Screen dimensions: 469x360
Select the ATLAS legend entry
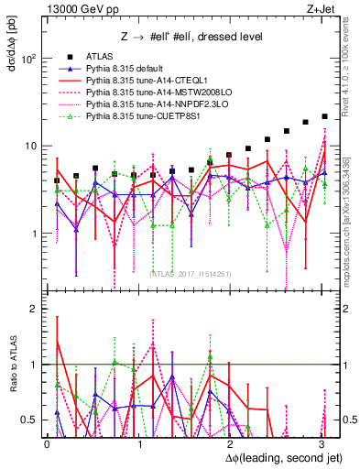click(102, 57)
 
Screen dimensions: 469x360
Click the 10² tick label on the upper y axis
click(28, 59)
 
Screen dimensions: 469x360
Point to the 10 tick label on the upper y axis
click(32, 147)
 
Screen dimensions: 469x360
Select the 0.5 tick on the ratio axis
click(30, 420)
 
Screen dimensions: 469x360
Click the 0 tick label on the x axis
click(48, 443)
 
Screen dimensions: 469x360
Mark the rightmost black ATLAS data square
click(324, 116)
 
